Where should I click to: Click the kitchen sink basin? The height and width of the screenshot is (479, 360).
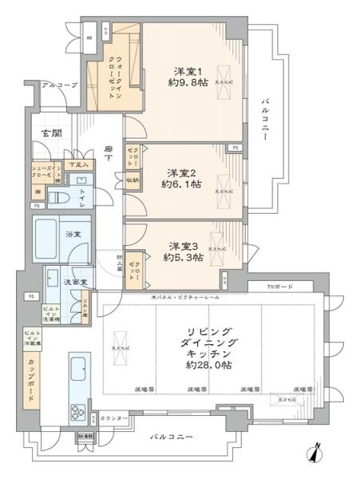(x=81, y=369)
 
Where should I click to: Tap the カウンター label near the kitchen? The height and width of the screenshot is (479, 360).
(x=113, y=418)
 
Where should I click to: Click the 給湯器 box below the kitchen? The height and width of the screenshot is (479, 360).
(x=85, y=438)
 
